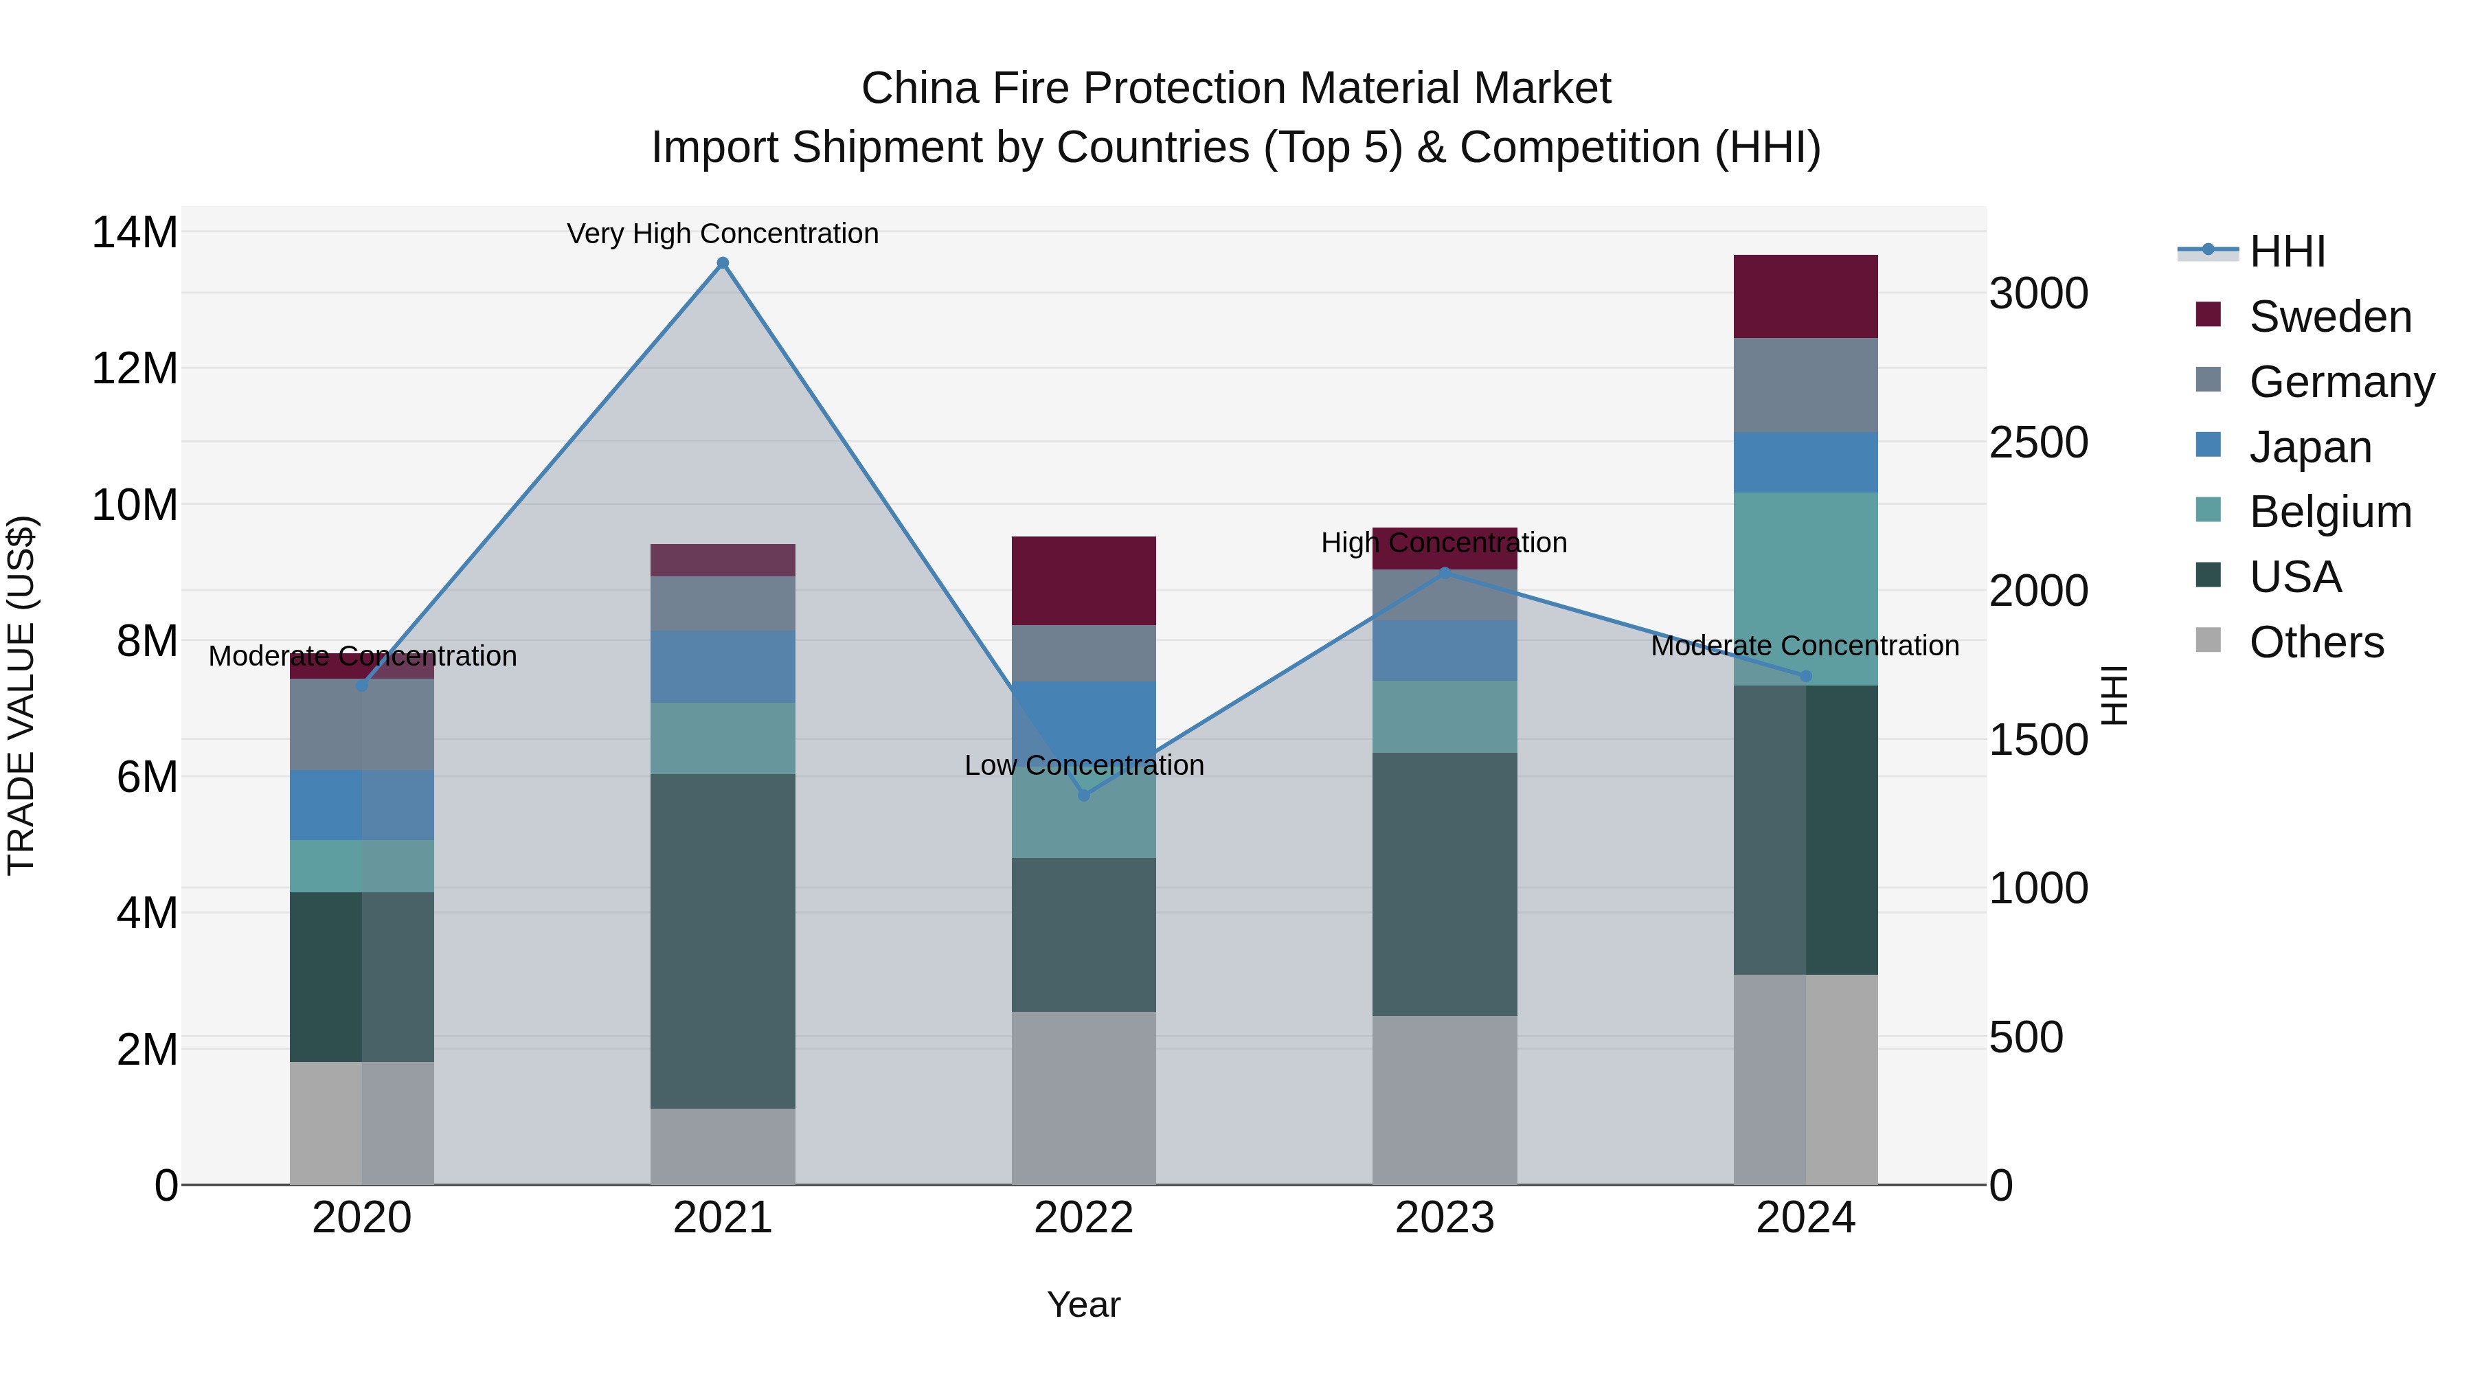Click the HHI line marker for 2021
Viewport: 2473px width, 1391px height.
tap(723, 263)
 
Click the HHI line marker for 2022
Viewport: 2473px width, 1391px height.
tap(1084, 795)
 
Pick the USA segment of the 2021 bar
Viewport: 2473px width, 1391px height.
tap(723, 941)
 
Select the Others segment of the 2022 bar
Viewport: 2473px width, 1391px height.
tap(1084, 1097)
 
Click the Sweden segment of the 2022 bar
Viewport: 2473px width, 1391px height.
tap(1084, 580)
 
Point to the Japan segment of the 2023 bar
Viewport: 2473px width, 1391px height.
tap(1445, 650)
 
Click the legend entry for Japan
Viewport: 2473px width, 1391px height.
tap(2309, 447)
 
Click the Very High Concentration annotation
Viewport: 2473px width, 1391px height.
tap(723, 234)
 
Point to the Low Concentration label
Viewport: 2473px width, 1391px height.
tap(1084, 765)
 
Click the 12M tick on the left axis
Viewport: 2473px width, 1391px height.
tap(135, 369)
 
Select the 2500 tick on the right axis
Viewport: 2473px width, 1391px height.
tap(2037, 442)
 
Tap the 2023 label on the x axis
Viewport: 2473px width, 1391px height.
tap(1445, 1218)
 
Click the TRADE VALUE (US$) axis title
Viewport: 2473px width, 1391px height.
tap(21, 695)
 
